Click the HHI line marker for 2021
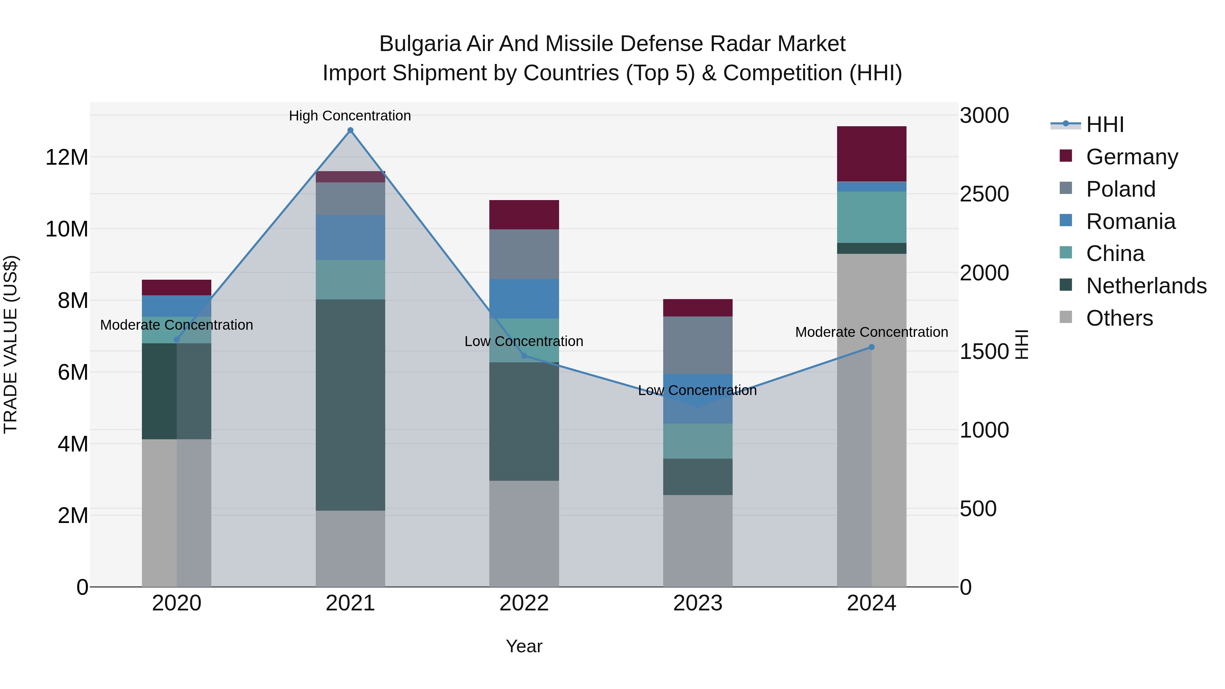pyautogui.click(x=350, y=130)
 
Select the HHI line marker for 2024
pyautogui.click(x=872, y=347)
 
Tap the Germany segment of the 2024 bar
pyautogui.click(x=872, y=153)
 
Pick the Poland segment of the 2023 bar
pyautogui.click(x=698, y=345)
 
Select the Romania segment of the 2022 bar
pyautogui.click(x=524, y=299)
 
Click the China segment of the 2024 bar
pyautogui.click(x=872, y=217)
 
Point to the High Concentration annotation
pyautogui.click(x=350, y=116)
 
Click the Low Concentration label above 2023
pyautogui.click(x=697, y=390)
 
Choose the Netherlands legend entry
pyautogui.click(x=1146, y=286)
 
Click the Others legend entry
pyautogui.click(x=1120, y=318)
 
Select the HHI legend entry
pyautogui.click(x=1105, y=125)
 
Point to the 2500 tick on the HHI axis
pyautogui.click(x=984, y=194)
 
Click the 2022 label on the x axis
pyautogui.click(x=524, y=603)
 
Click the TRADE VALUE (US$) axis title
pyautogui.click(x=11, y=344)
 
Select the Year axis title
pyautogui.click(x=524, y=646)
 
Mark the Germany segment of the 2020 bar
pyautogui.click(x=176, y=288)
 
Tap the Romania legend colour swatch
pyautogui.click(x=1066, y=220)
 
